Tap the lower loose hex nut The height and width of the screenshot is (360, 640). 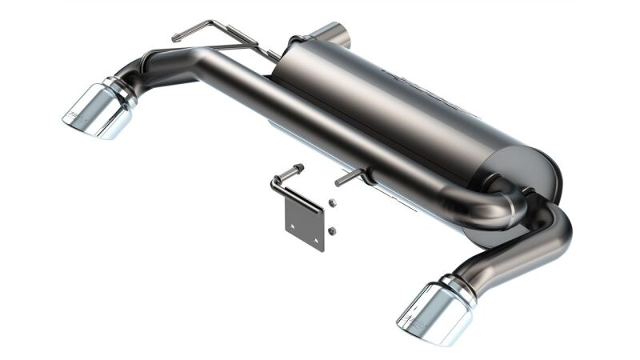click(330, 231)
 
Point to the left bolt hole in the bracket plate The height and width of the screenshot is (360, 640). click(293, 228)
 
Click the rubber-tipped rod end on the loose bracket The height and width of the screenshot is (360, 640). click(297, 169)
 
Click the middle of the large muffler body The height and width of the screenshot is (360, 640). click(408, 108)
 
